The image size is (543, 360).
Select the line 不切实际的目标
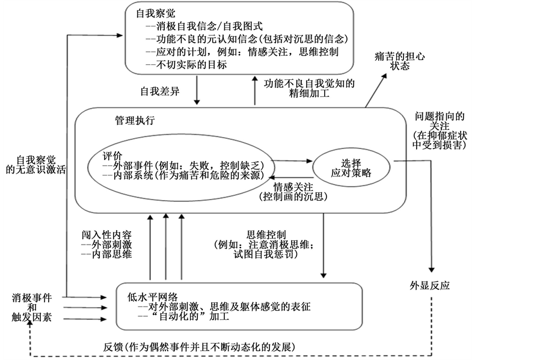tap(186, 65)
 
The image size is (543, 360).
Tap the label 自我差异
tap(161, 92)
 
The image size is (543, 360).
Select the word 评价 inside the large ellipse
tap(114, 153)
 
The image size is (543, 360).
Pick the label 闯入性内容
tap(105, 234)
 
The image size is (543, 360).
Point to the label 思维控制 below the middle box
tap(266, 234)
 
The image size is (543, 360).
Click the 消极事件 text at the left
tap(32, 298)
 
